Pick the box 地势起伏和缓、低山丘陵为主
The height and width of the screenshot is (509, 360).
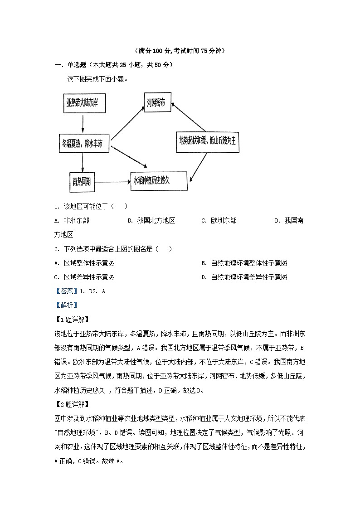click(x=207, y=140)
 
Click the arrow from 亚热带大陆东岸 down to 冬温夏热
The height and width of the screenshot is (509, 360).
click(x=83, y=123)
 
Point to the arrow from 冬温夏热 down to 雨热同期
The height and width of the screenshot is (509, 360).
click(x=83, y=162)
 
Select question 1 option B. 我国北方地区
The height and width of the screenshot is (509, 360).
click(x=151, y=221)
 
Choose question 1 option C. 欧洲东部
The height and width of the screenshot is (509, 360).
click(x=219, y=221)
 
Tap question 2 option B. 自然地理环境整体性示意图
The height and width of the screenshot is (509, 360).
click(x=244, y=263)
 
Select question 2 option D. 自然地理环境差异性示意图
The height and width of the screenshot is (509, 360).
click(x=244, y=277)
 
